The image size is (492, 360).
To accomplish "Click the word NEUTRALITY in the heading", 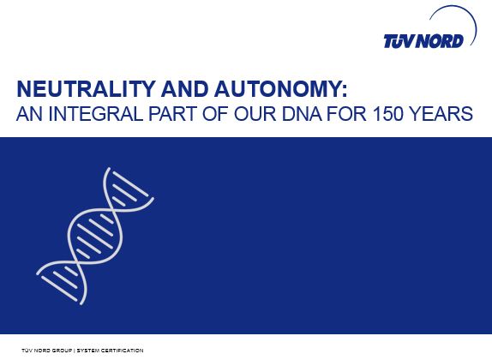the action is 86,89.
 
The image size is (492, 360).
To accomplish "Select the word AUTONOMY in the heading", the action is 278,89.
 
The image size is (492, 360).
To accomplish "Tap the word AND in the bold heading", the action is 185,89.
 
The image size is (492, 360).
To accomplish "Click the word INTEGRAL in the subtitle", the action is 95,114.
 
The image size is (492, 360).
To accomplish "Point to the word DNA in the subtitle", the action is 302,114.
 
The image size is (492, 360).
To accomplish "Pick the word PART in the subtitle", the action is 172,114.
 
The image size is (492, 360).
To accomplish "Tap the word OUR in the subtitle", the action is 255,114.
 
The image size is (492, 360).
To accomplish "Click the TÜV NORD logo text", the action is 423,41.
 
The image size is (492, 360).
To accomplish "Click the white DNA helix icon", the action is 95,236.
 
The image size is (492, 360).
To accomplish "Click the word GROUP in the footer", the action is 62,351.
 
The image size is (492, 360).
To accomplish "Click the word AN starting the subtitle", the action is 29,114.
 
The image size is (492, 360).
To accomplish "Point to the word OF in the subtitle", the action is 215,114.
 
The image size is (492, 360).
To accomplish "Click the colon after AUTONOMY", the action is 345,91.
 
